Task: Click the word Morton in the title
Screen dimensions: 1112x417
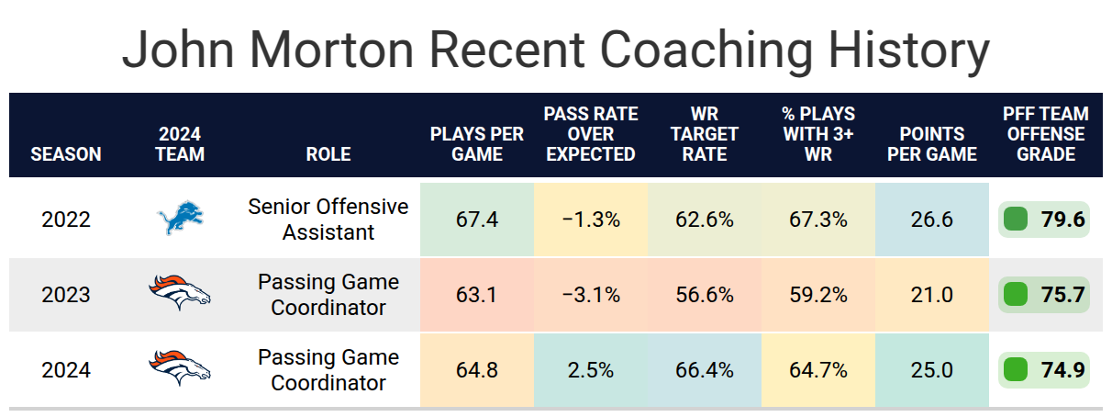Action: (331, 51)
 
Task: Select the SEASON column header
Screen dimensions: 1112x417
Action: (66, 154)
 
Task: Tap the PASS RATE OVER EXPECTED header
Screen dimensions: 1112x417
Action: (591, 134)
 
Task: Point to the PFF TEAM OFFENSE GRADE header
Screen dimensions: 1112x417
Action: (1045, 134)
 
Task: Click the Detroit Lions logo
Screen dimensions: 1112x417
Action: (180, 217)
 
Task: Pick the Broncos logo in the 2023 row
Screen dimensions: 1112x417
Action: (180, 293)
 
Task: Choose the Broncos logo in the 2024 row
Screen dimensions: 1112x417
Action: (180, 368)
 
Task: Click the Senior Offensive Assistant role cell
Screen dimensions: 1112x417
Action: (328, 220)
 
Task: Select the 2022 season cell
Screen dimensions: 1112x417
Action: (66, 220)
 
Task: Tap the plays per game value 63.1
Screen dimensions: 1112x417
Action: (476, 295)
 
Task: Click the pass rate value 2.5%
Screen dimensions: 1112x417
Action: (591, 370)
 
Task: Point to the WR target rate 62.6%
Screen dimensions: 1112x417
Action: (705, 220)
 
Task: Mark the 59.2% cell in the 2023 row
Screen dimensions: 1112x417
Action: (818, 295)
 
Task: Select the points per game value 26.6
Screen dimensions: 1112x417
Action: (932, 220)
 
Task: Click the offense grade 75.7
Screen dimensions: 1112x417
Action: (1062, 295)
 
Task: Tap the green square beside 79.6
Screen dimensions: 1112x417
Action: (1016, 220)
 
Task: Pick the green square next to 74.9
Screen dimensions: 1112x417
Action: (1016, 370)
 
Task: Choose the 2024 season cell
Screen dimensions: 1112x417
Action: (66, 370)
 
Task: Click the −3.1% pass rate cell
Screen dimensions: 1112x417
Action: (591, 295)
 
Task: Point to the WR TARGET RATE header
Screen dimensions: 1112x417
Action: (705, 134)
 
